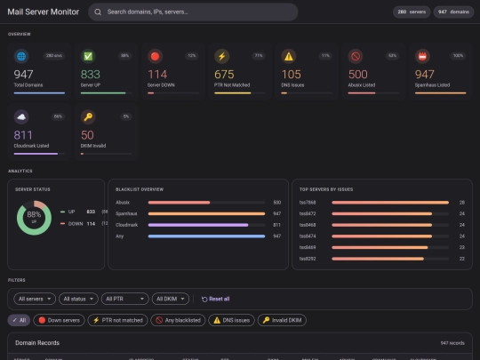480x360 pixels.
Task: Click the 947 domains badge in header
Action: [454, 12]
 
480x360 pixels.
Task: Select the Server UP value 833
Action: [91, 75]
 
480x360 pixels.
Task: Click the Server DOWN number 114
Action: [157, 75]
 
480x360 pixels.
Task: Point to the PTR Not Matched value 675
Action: [224, 75]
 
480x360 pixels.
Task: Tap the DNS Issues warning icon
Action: [288, 55]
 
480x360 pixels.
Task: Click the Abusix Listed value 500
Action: [357, 75]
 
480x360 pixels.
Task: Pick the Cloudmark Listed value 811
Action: [26, 135]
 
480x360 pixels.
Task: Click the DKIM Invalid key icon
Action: [88, 116]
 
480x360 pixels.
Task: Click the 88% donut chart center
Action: [35, 217]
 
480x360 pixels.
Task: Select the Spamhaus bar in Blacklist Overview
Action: [206, 213]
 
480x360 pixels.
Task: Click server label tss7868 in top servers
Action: [308, 203]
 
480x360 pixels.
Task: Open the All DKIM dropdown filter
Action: [171, 299]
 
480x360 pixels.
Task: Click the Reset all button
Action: [215, 299]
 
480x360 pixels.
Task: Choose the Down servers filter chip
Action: [60, 320]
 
